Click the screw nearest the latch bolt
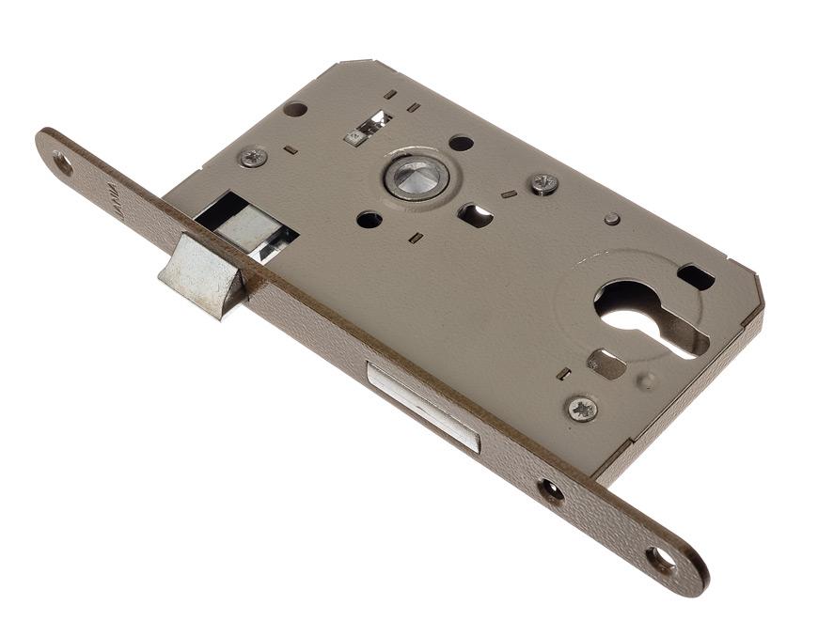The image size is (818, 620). click(x=252, y=157)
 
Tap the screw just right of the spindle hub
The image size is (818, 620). click(x=544, y=184)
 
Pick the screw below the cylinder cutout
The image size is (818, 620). click(x=583, y=409)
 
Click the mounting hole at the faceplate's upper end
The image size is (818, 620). click(x=62, y=163)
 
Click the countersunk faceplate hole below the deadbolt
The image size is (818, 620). click(x=550, y=489)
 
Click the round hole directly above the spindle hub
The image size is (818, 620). click(x=461, y=143)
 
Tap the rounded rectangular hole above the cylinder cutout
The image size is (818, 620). click(x=696, y=276)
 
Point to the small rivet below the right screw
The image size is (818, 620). click(x=612, y=219)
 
